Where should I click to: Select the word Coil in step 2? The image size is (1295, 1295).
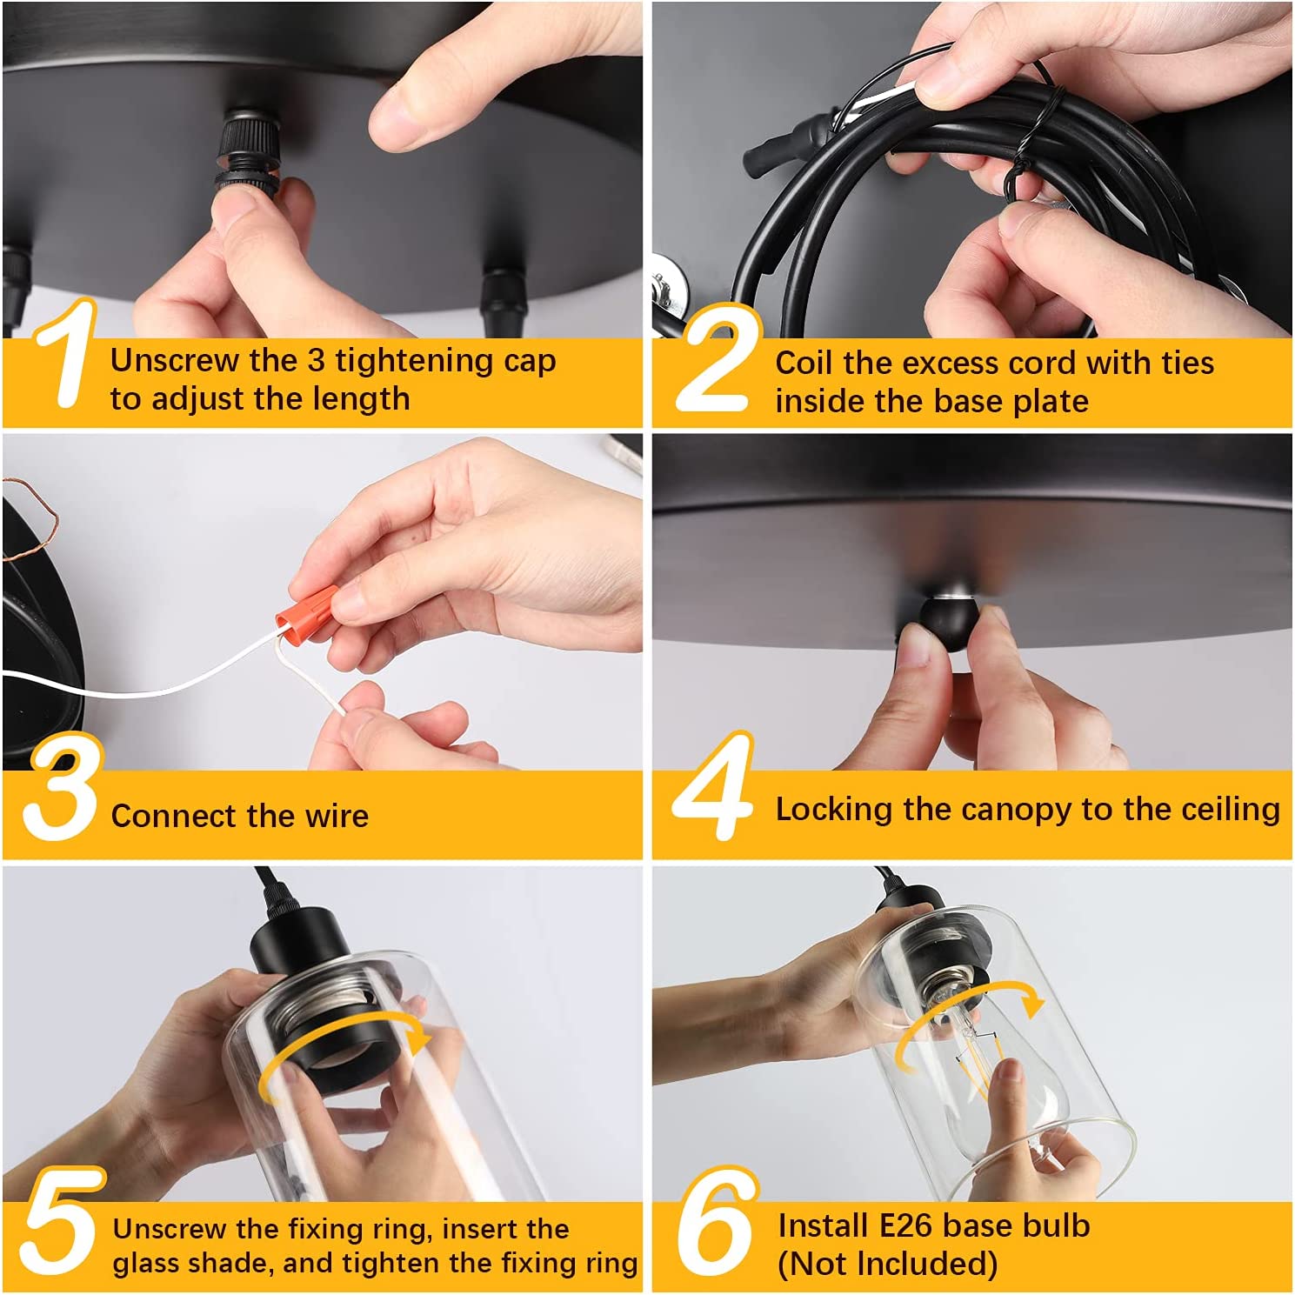click(x=804, y=363)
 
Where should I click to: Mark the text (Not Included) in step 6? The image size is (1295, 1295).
click(x=887, y=1264)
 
